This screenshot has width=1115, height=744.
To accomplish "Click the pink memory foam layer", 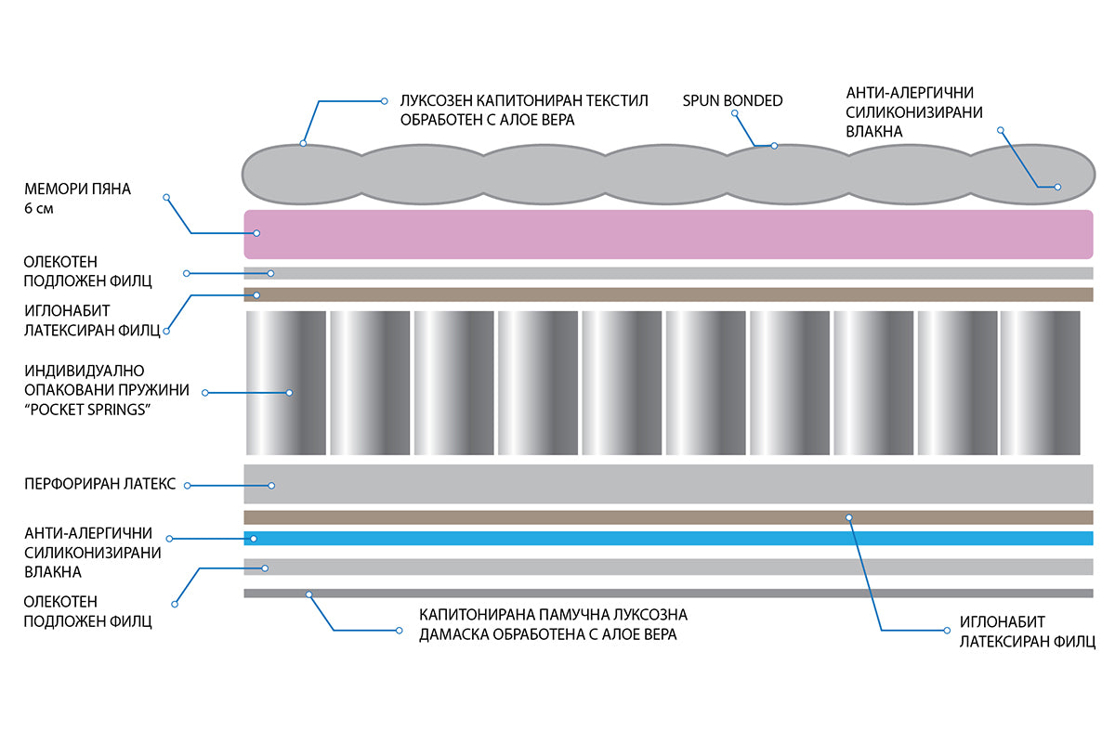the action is coord(668,234).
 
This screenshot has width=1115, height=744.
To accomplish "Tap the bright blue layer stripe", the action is coord(668,538).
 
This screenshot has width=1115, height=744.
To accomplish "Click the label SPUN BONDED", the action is coord(732,100).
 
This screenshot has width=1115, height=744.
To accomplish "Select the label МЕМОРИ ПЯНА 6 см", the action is coord(77,198).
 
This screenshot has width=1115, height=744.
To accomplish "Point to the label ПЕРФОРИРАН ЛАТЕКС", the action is coord(100,484).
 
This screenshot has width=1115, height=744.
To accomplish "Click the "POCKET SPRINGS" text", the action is coord(87,410).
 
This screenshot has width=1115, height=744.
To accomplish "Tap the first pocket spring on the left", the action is coord(286,383).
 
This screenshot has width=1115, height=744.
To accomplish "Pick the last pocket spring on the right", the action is coord(1040,383).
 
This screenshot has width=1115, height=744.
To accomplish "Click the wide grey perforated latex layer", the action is coord(668,484).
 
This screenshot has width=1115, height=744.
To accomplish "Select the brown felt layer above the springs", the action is coord(668,294).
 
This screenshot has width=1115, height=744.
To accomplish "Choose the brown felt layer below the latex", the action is coord(668,517).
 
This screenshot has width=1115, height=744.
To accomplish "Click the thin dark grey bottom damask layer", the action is coord(668,594).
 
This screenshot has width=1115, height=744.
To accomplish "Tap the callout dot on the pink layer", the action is coord(256,233).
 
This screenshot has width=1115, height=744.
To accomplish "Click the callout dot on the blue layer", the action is coord(254,539).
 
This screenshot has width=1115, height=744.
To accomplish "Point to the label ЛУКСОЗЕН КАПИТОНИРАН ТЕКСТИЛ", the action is coord(524,100).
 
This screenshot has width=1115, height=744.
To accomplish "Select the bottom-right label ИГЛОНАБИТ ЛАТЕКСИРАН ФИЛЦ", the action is coord(1028,632).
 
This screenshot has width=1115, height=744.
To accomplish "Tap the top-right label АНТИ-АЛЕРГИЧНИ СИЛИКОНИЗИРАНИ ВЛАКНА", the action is coord(914,112).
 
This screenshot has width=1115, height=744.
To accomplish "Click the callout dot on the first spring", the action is coord(289,393).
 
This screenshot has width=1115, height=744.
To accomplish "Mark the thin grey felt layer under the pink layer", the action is coord(668,273).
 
